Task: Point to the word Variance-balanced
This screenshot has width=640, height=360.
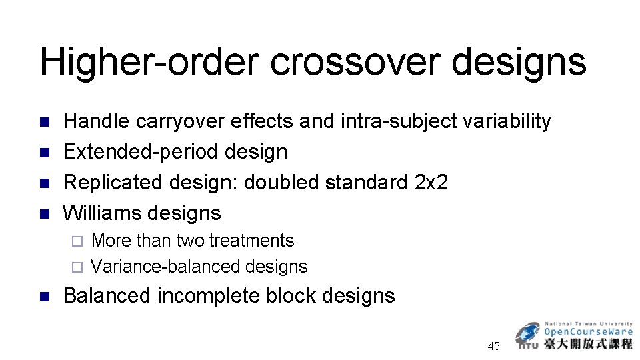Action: click(166, 267)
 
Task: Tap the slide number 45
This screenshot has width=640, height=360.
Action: click(494, 346)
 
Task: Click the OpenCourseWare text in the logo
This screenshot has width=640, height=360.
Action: click(589, 331)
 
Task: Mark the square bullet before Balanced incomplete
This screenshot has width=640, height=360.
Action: click(45, 296)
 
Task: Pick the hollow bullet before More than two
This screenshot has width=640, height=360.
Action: click(76, 241)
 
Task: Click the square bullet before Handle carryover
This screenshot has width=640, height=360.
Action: click(45, 122)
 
